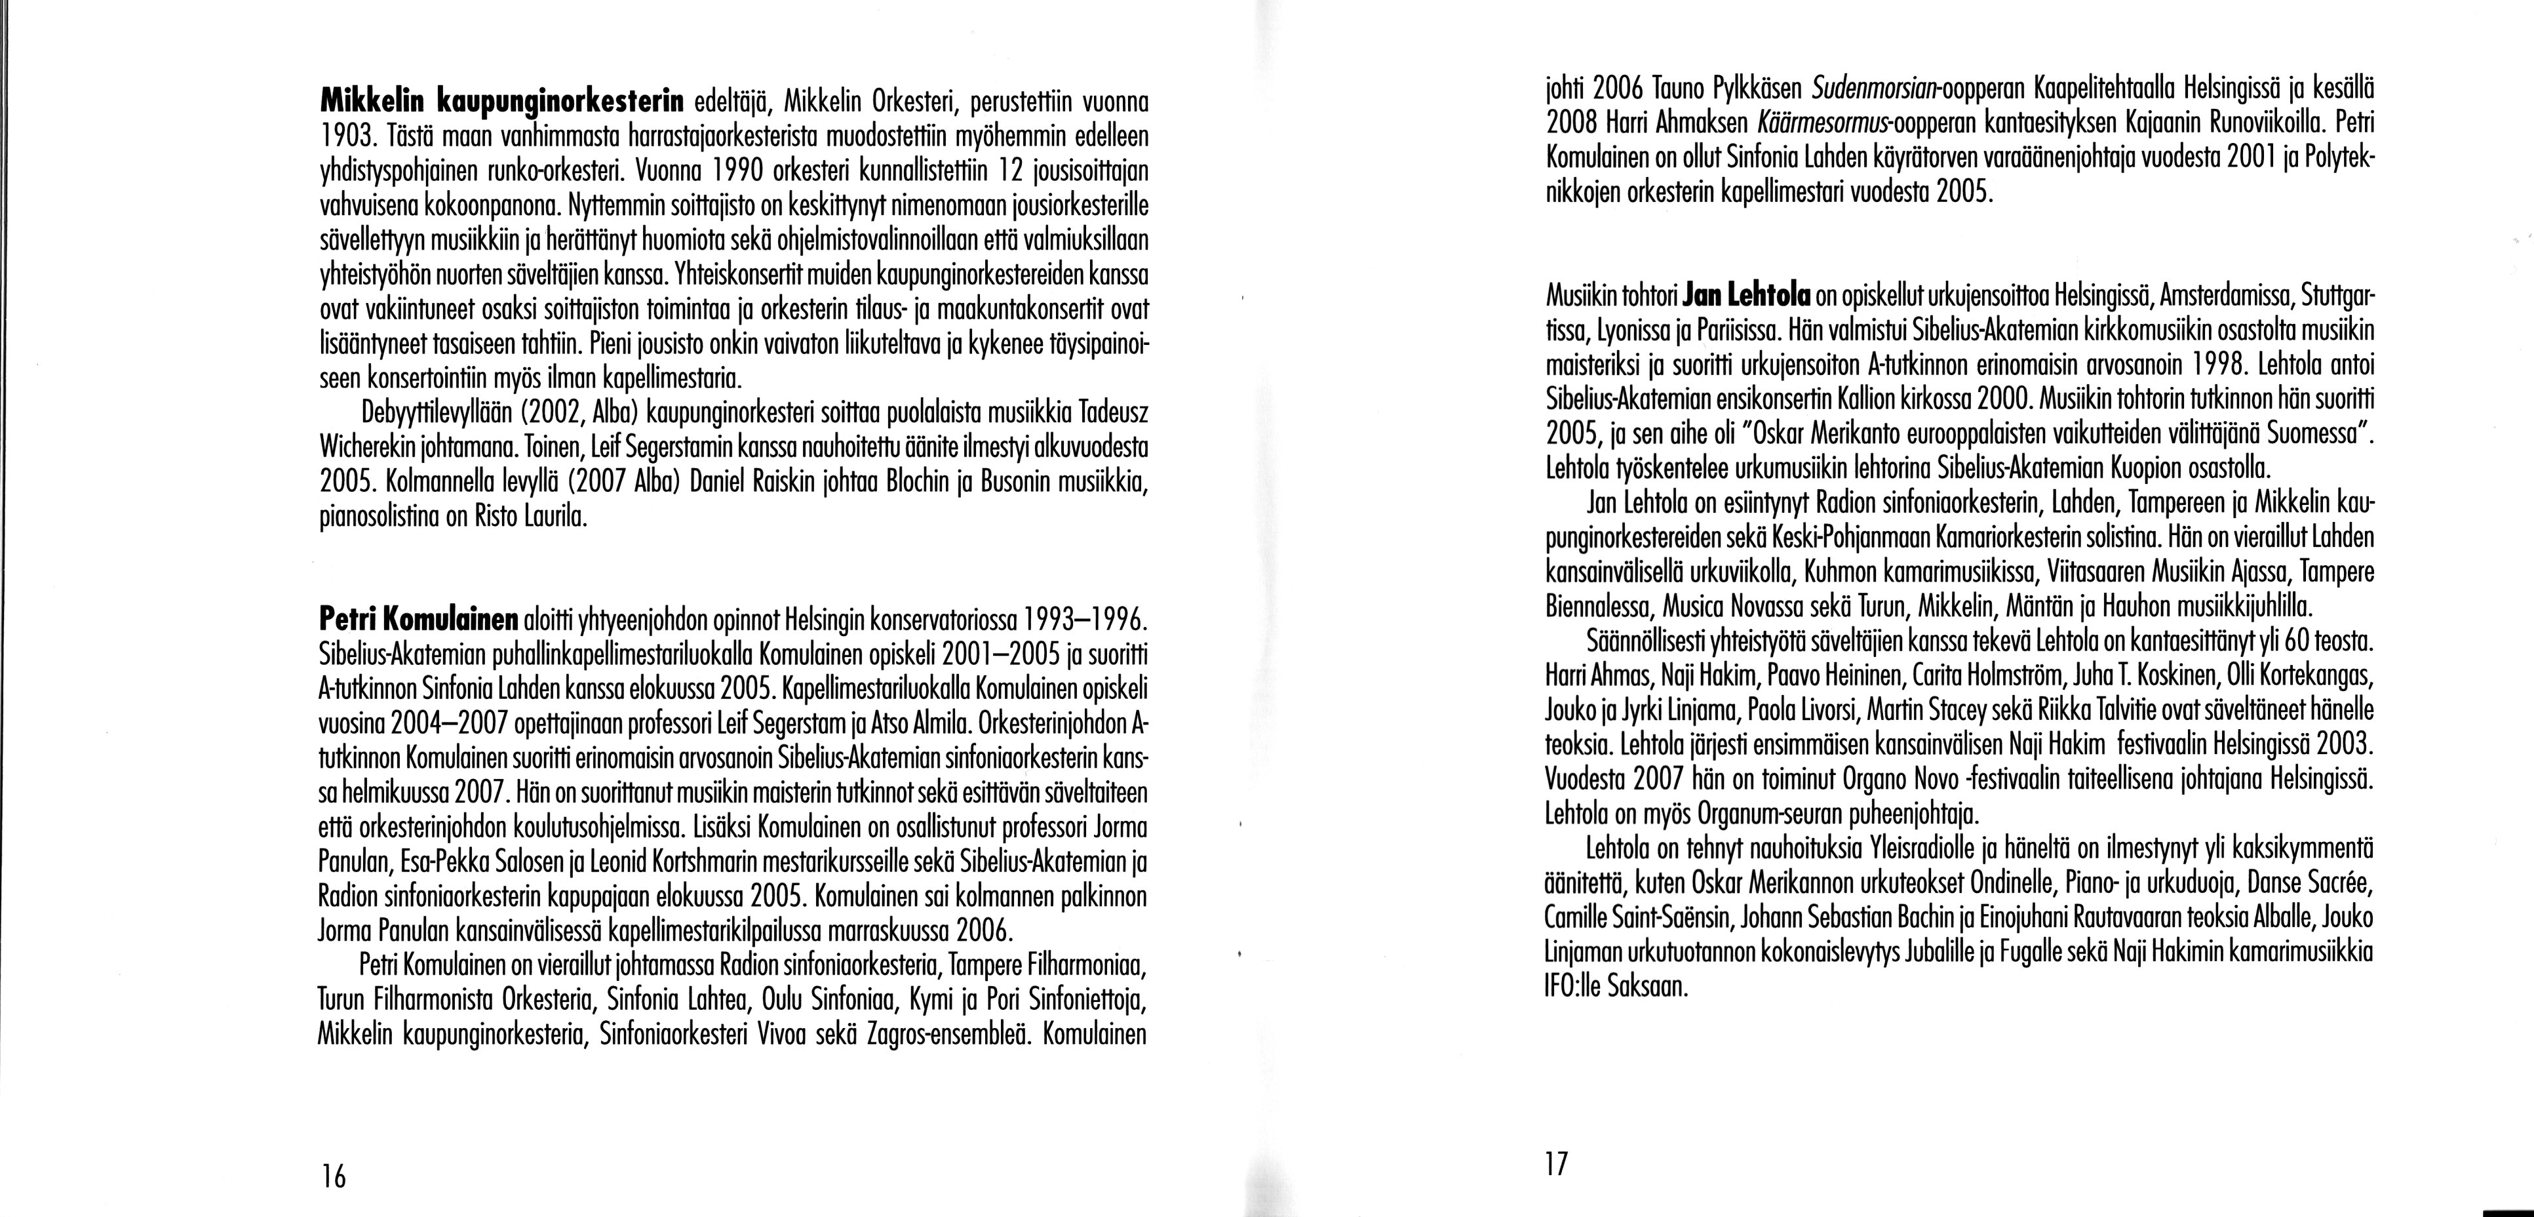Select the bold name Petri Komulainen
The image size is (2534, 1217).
click(419, 622)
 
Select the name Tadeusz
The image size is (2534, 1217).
click(1114, 409)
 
